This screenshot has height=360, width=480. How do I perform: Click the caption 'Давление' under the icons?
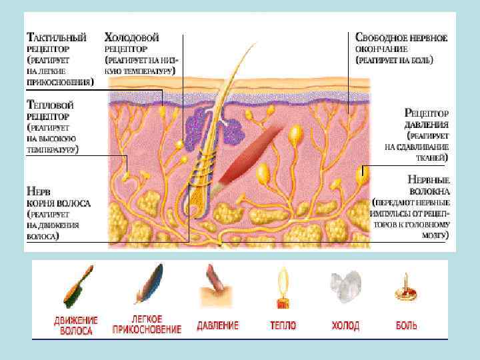tap(217, 326)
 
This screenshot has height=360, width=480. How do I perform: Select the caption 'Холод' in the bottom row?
tap(345, 326)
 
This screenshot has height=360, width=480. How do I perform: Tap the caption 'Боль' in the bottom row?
tap(406, 326)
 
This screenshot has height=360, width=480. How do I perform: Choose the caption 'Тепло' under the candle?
tap(283, 326)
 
